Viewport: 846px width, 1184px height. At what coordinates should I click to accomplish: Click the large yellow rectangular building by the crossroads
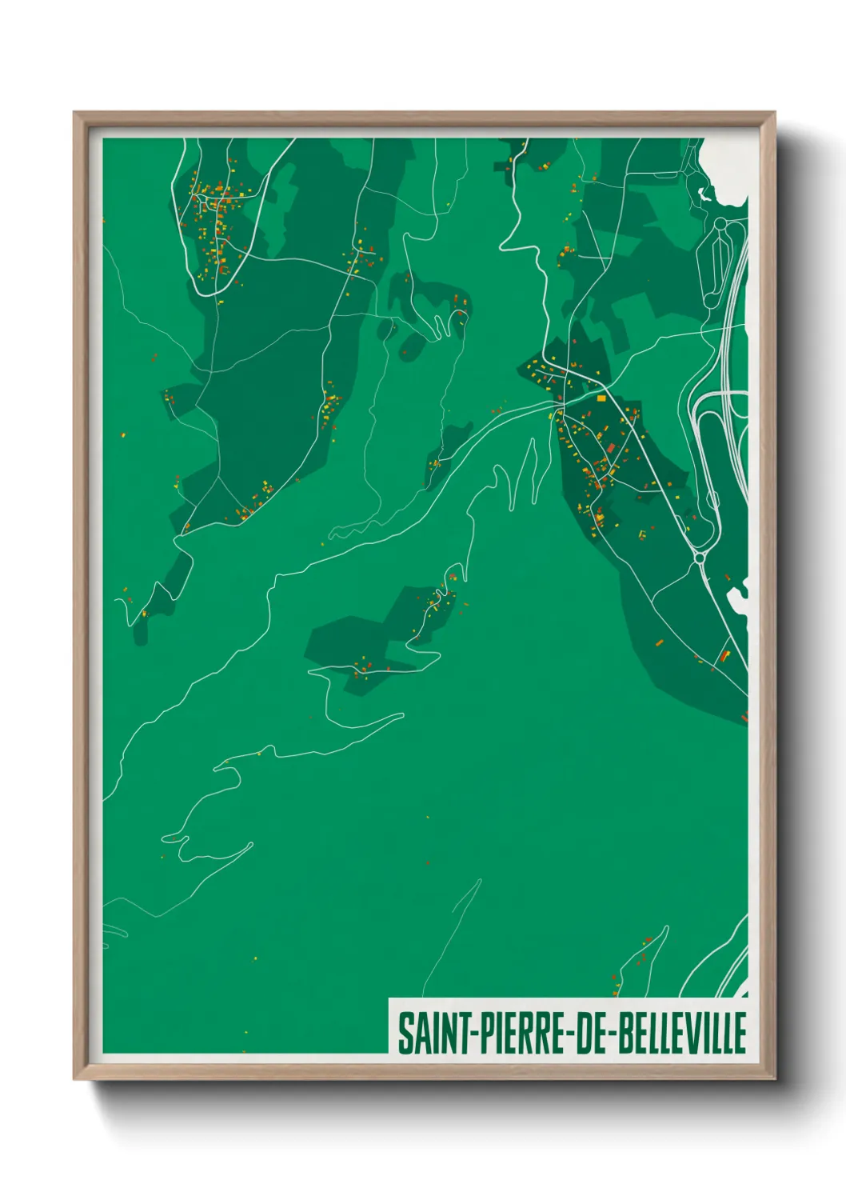[601, 397]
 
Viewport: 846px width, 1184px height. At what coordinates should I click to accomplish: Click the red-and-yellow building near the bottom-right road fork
[725, 656]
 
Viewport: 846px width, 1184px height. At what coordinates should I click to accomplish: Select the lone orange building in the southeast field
[658, 642]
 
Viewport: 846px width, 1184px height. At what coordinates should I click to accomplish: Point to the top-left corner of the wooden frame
[75, 114]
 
